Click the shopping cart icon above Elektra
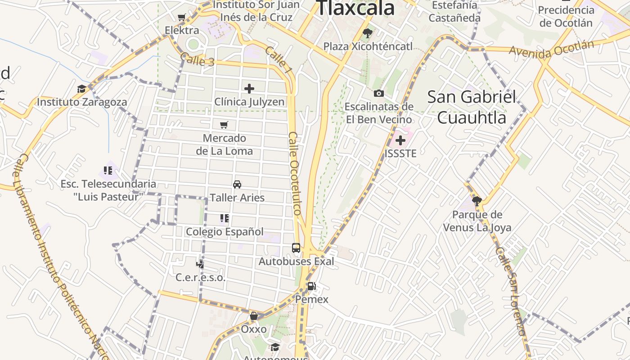tap(181, 18)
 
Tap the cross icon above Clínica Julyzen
tap(249, 89)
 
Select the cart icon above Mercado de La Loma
tap(224, 125)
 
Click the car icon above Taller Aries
tap(237, 184)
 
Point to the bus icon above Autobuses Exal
tap(296, 248)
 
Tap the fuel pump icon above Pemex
tap(311, 286)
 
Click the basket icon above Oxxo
tap(254, 316)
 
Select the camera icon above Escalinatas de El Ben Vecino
tap(379, 94)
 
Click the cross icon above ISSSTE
tap(400, 140)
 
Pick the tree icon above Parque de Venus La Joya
tap(477, 201)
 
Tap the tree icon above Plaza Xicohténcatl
tap(368, 33)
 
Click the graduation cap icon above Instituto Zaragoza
tap(81, 89)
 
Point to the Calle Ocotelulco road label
tap(295, 173)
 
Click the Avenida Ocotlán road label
tap(551, 49)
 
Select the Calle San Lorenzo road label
tap(510, 291)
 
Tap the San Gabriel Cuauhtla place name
tap(472, 107)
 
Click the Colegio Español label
tap(225, 232)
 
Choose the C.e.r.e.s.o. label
tap(200, 277)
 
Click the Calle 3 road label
tap(197, 60)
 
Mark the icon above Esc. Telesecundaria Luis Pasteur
tap(108, 171)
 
